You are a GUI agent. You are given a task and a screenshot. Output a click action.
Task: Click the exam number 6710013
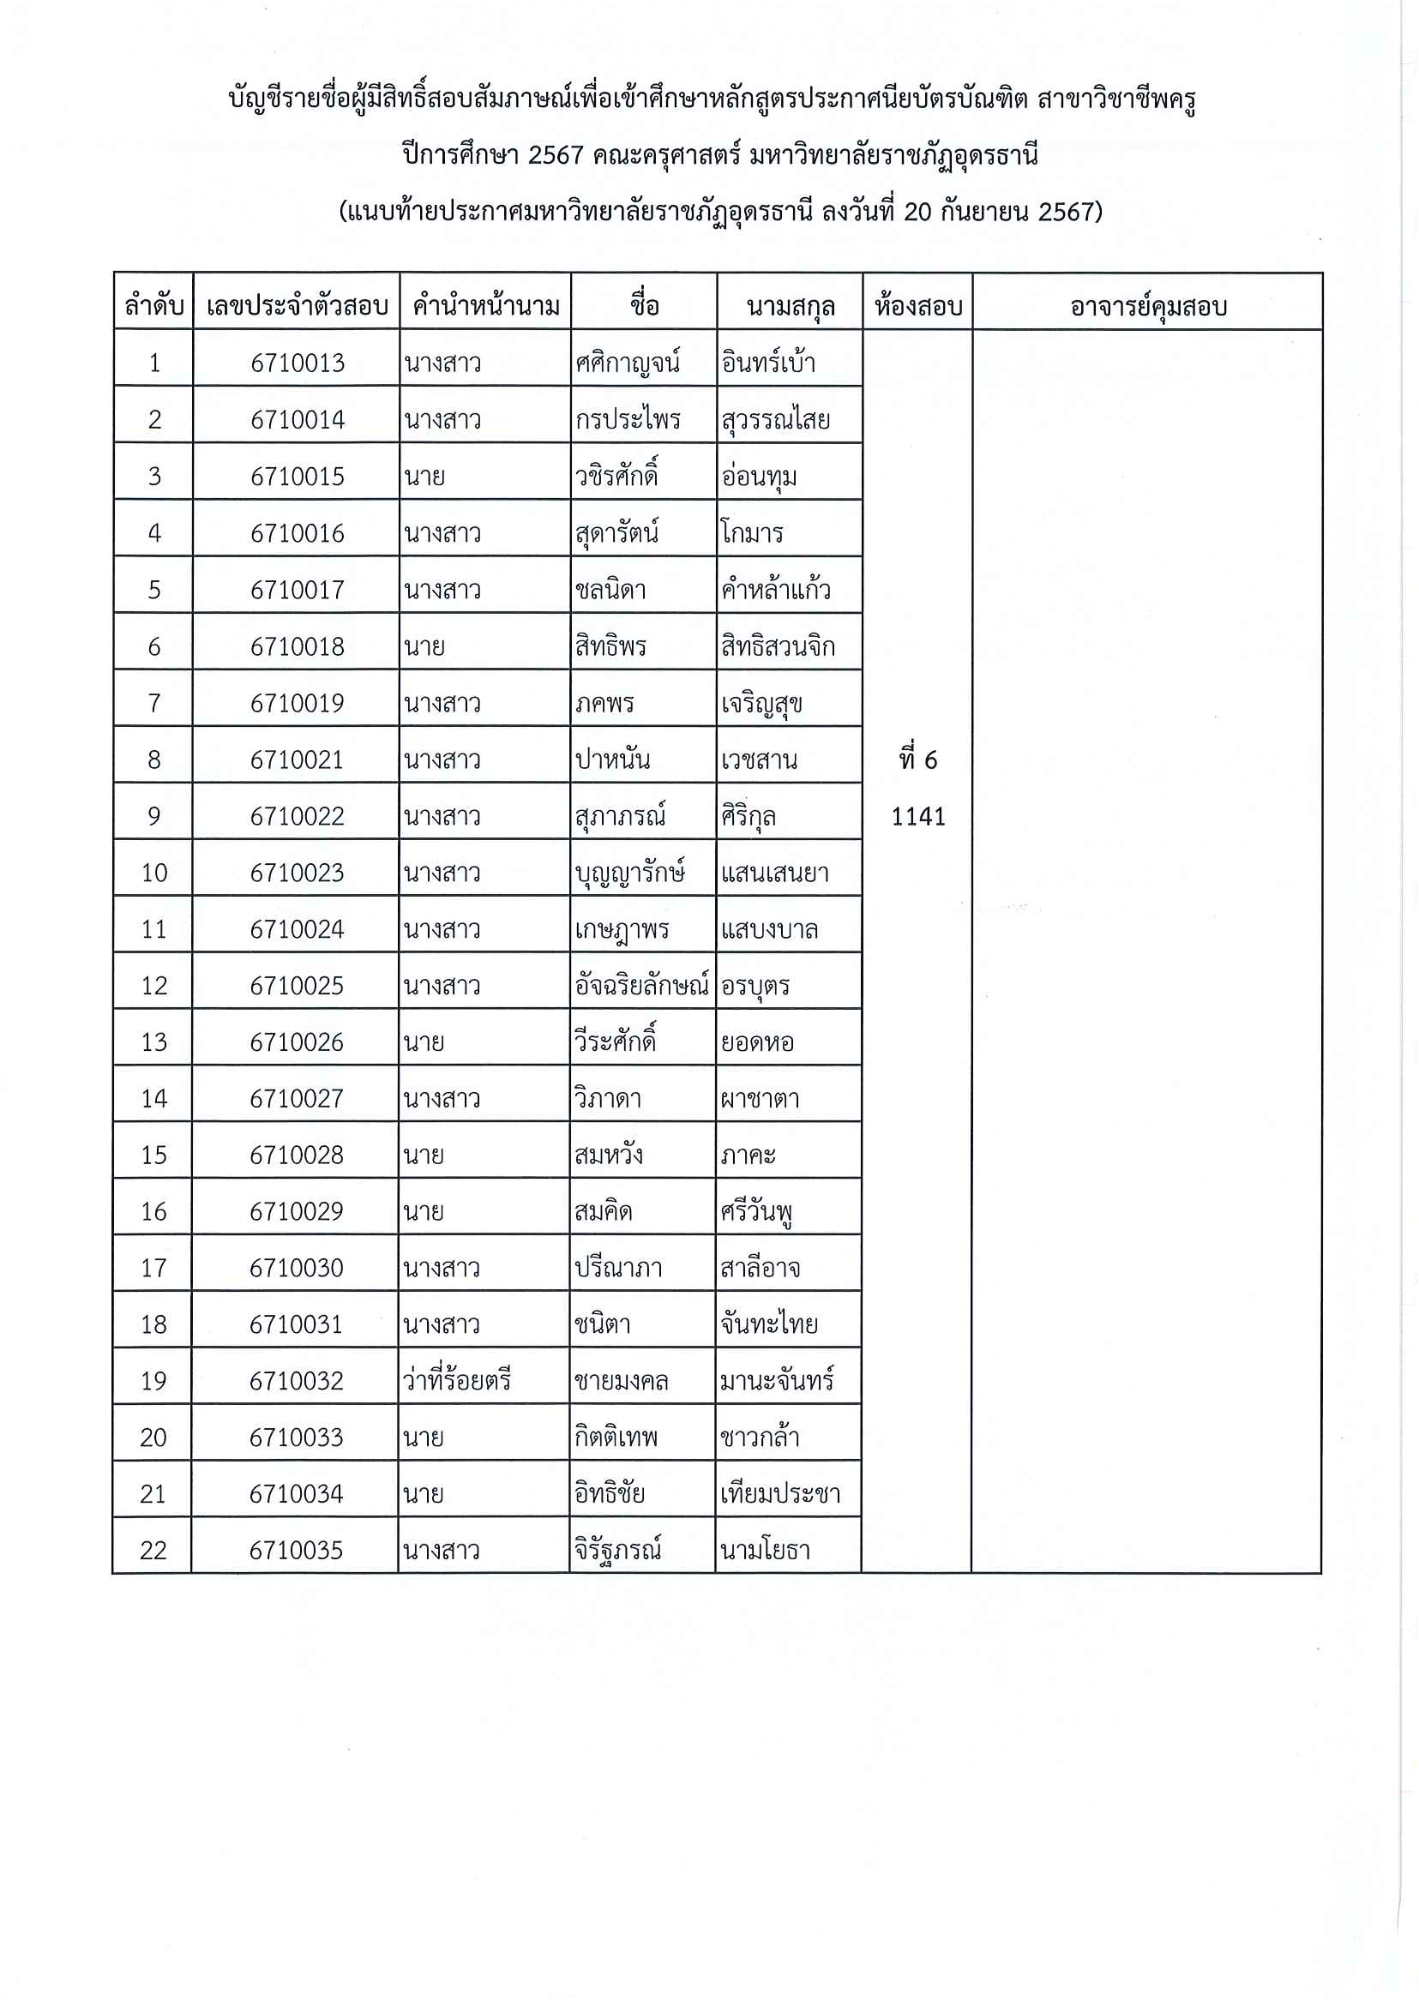tap(297, 363)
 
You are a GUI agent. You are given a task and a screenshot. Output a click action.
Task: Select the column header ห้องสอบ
tap(917, 306)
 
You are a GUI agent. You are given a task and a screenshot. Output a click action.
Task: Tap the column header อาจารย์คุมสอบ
tap(1147, 306)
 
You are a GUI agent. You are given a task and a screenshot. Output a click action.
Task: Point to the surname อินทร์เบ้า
tap(768, 363)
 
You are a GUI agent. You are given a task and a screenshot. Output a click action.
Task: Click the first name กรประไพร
tap(627, 419)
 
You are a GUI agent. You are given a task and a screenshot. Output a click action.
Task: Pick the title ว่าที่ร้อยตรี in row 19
tap(456, 1380)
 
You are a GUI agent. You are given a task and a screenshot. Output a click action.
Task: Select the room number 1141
tap(917, 816)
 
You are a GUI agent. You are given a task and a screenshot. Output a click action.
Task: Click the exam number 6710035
tap(296, 1550)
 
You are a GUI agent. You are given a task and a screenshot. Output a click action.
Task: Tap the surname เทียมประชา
tap(779, 1493)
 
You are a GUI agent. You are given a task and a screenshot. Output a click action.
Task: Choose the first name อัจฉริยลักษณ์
tap(641, 986)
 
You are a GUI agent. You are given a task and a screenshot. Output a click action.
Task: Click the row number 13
tap(153, 1042)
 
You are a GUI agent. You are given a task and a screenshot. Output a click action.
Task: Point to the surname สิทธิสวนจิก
tap(777, 646)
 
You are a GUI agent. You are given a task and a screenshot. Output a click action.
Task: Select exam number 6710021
tap(297, 759)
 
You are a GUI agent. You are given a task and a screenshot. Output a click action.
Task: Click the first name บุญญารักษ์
tap(629, 873)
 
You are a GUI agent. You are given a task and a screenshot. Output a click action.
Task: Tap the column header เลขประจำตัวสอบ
tap(297, 306)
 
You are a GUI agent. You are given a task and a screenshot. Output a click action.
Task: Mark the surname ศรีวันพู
tap(756, 1212)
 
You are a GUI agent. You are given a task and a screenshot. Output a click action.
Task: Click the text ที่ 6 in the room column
tap(917, 759)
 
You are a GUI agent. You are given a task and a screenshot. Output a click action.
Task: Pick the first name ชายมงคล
tap(621, 1380)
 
